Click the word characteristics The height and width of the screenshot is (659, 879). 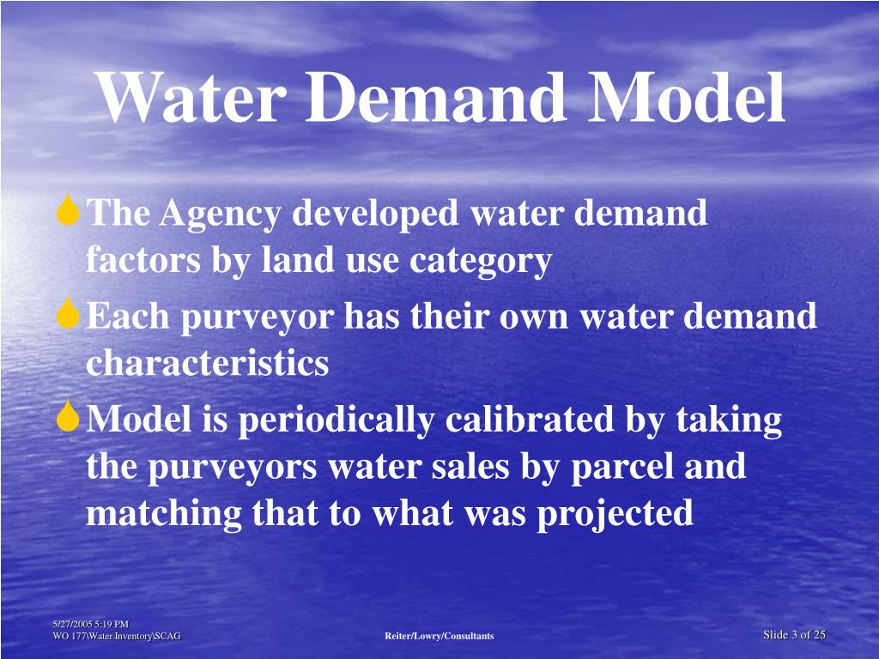point(207,364)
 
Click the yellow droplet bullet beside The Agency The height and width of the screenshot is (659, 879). point(69,211)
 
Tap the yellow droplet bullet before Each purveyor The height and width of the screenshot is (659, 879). point(69,315)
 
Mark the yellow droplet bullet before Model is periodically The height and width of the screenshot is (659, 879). point(69,418)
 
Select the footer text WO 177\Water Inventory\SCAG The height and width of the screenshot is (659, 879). point(116,636)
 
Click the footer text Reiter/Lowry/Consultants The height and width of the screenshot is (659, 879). point(439,636)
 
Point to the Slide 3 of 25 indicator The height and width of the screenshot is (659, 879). point(794,635)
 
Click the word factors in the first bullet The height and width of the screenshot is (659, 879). point(139,261)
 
